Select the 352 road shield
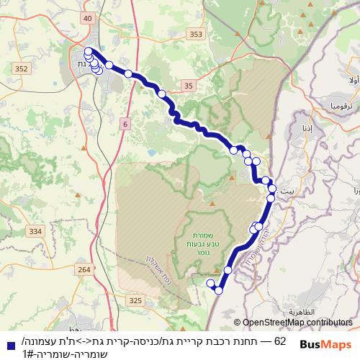click(21, 69)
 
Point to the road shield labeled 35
click(189, 86)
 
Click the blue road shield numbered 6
click(125, 124)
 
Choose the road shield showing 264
click(84, 269)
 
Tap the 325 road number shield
click(135, 299)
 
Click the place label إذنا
click(307, 128)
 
